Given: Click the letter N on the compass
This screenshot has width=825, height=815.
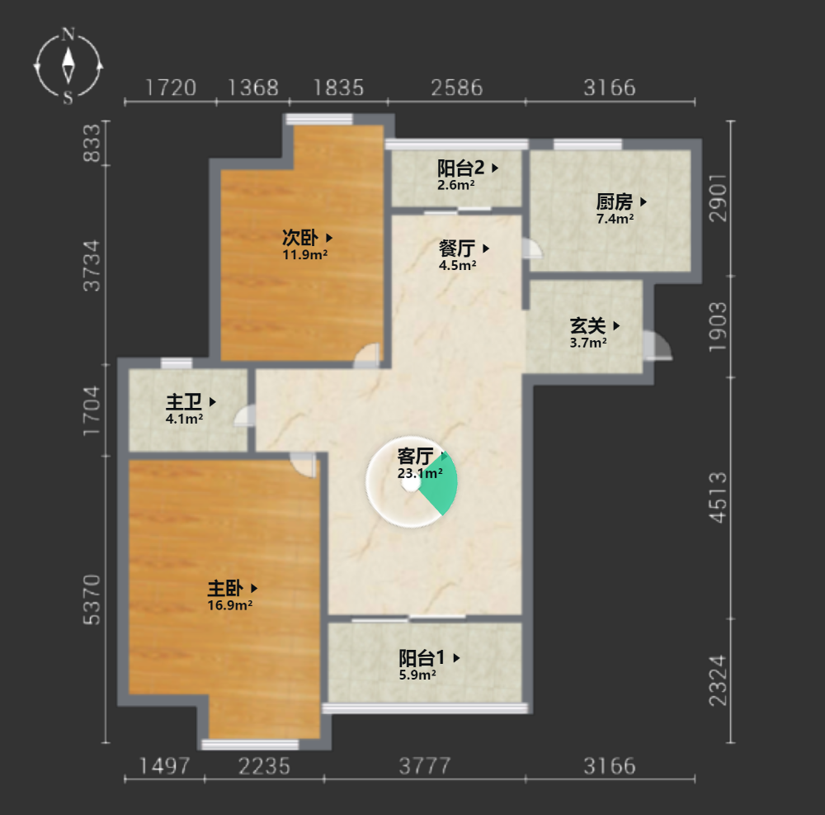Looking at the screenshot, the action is (x=68, y=35).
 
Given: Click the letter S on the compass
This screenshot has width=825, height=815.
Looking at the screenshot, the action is (x=68, y=97).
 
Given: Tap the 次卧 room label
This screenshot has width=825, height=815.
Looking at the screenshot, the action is (x=300, y=238).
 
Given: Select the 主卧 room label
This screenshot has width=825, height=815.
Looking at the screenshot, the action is (x=225, y=588).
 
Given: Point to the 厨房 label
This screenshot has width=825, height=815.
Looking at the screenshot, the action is (x=614, y=201).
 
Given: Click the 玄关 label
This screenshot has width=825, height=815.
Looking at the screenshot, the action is (x=587, y=326).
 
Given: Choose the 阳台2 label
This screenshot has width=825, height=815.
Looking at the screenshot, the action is (x=460, y=168).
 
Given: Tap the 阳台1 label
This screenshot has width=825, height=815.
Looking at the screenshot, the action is (x=422, y=657).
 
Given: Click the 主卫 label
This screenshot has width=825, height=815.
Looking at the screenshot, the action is (x=184, y=402).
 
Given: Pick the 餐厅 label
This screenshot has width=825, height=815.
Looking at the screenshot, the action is (x=457, y=248).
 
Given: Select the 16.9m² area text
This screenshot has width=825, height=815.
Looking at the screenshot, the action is (x=230, y=605).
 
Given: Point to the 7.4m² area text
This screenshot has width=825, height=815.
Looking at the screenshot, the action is (x=615, y=219).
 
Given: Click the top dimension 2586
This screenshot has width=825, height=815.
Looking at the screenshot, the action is (x=457, y=88).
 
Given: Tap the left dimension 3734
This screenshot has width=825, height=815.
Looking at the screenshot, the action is (x=92, y=265).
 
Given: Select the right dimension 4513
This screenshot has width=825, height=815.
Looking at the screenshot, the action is (x=718, y=498).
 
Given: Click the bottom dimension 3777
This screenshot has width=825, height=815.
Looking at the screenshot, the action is (x=425, y=766).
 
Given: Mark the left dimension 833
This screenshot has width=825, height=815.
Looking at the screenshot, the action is (x=92, y=143).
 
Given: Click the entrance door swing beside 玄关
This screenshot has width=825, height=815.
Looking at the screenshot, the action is (x=658, y=346).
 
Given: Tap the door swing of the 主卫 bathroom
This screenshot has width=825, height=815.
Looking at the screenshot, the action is (x=245, y=415).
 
